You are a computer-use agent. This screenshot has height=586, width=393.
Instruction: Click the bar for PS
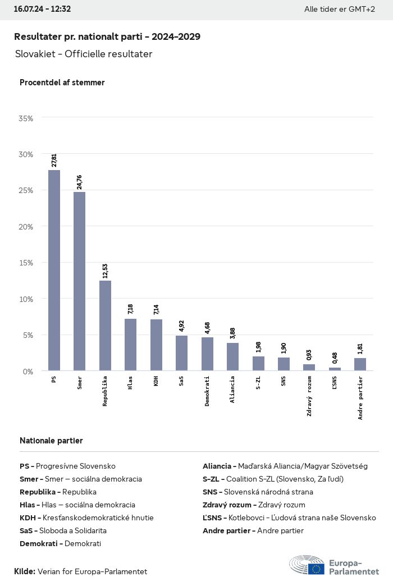pyautogui.click(x=54, y=270)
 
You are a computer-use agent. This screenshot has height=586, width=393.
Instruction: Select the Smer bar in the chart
pyautogui.click(x=79, y=281)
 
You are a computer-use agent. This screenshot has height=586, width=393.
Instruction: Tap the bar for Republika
pyautogui.click(x=105, y=326)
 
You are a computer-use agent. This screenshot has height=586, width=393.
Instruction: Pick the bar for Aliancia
pyautogui.click(x=232, y=357)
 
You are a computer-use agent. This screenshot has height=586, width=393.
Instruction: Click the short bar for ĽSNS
pyautogui.click(x=335, y=369)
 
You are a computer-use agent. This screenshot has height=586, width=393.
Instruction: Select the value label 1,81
pyautogui.click(x=360, y=349)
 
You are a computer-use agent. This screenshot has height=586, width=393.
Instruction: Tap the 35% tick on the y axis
pyautogui.click(x=26, y=118)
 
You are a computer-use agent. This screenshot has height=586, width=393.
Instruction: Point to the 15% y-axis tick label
pyautogui.click(x=26, y=263)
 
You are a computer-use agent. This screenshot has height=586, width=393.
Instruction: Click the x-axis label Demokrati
pyautogui.click(x=207, y=391)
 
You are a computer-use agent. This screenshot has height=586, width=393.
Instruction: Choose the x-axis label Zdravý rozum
pyautogui.click(x=309, y=396)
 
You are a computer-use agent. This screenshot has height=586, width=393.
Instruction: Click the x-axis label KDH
pyautogui.click(x=156, y=381)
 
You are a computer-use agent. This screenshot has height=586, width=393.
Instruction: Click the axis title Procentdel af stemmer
pyautogui.click(x=62, y=83)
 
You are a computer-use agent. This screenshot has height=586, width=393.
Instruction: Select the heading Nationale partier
pyautogui.click(x=51, y=441)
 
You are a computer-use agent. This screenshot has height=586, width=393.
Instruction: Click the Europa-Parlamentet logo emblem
pyautogui.click(x=307, y=565)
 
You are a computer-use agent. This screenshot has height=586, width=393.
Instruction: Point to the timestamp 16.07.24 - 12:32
pyautogui.click(x=42, y=9)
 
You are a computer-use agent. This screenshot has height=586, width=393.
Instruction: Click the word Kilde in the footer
pyautogui.click(x=24, y=571)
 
